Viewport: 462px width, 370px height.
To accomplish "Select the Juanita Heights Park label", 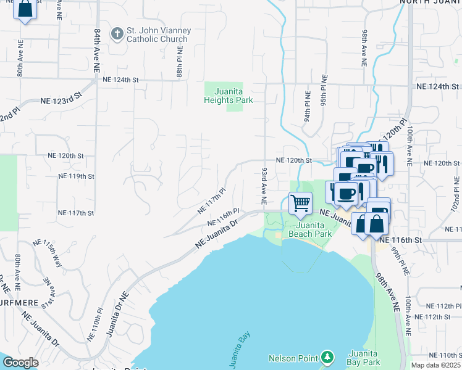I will click(x=229, y=95).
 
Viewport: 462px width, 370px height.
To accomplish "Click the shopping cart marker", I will click(x=300, y=203).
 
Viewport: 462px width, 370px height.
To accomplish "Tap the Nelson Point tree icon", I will click(x=327, y=358).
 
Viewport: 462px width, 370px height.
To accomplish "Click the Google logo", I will click(x=20, y=363).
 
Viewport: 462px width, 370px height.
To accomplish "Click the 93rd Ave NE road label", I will click(x=264, y=186).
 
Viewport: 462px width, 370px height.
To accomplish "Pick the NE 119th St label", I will click(x=76, y=176).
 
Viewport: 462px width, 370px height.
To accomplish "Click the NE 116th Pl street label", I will click(x=223, y=219).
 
